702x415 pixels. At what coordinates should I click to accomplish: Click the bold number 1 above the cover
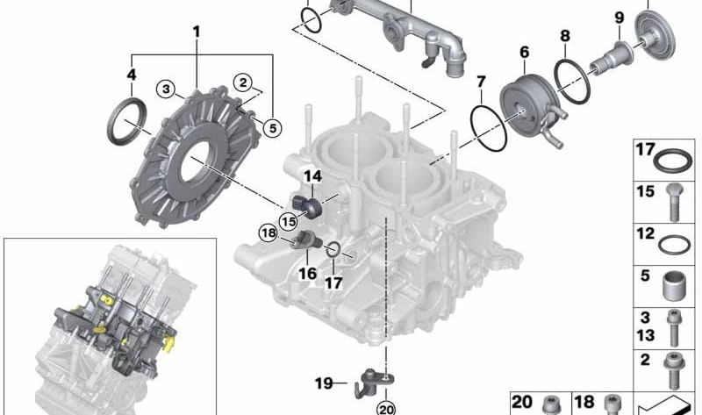click(x=196, y=32)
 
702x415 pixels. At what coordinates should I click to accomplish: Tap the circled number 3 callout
click(x=166, y=89)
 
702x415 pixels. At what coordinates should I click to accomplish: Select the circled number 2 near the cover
click(x=243, y=82)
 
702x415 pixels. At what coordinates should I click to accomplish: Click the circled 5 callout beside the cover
click(x=273, y=128)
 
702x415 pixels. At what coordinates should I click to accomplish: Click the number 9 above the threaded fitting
click(x=620, y=18)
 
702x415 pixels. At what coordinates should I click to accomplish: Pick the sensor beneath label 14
click(x=307, y=206)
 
